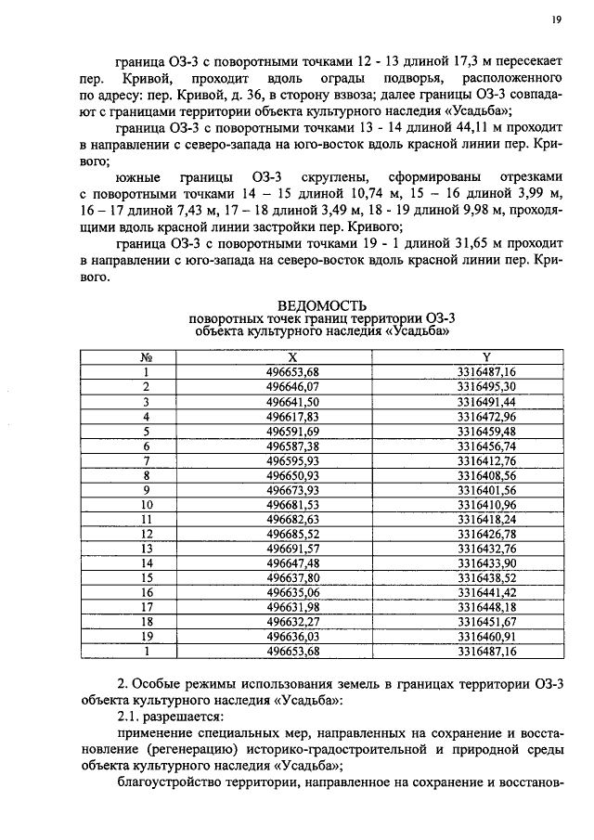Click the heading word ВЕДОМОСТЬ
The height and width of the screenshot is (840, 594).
click(x=322, y=305)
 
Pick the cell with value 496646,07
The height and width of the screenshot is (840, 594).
click(x=293, y=385)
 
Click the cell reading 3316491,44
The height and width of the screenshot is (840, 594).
click(x=486, y=401)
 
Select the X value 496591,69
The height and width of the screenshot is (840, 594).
click(x=293, y=431)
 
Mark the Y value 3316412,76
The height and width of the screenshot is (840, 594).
click(x=486, y=460)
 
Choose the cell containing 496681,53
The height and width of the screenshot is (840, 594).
click(x=293, y=504)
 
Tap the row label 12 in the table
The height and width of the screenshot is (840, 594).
click(x=146, y=534)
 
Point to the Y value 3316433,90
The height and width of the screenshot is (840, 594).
click(x=486, y=562)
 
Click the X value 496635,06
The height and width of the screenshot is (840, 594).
click(x=293, y=592)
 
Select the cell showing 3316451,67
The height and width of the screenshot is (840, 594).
click(x=486, y=622)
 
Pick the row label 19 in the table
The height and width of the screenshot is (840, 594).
click(x=146, y=637)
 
